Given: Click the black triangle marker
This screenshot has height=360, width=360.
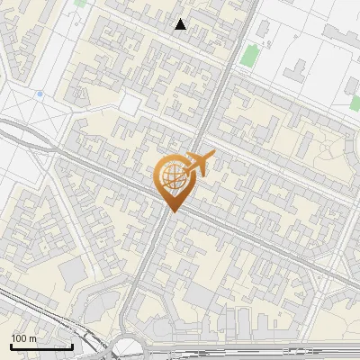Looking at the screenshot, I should tap(181, 25).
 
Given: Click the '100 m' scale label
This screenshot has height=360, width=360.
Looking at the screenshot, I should tap(24, 337).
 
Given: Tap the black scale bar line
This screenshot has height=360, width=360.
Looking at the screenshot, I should tap(41, 346).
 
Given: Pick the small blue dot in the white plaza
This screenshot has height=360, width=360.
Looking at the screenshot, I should tap(40, 94).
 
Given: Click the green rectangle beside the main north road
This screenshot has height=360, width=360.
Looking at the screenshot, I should tap(248, 57).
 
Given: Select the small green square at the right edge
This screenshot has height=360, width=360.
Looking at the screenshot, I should tap(353, 103).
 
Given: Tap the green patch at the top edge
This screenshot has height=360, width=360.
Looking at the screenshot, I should tap(81, 3).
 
